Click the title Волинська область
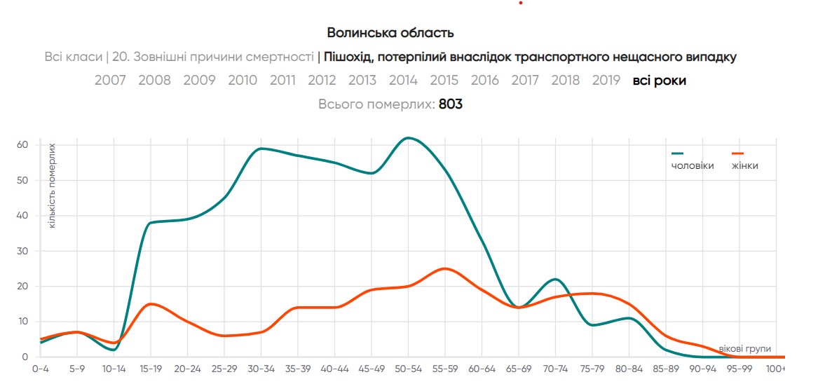click(x=390, y=33)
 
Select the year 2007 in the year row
click(x=110, y=81)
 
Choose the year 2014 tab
click(x=403, y=81)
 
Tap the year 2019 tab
click(x=606, y=81)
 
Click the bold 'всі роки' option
click(x=659, y=81)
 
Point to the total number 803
click(x=451, y=104)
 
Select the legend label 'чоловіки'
click(x=693, y=166)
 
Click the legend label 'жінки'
click(x=745, y=166)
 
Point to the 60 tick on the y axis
click(x=22, y=145)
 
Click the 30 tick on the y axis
click(x=22, y=251)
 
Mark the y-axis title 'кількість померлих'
click(x=52, y=186)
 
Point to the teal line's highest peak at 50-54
click(x=409, y=138)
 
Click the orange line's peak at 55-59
click(x=444, y=268)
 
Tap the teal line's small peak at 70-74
click(x=555, y=279)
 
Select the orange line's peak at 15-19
click(x=151, y=303)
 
